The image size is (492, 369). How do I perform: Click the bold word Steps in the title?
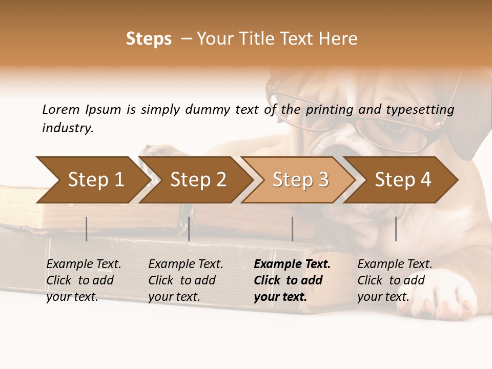pos(149,39)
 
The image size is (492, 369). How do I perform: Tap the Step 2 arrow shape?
pos(197,180)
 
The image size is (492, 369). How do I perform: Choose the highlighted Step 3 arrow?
pos(300,180)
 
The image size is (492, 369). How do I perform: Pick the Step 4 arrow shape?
pos(402,180)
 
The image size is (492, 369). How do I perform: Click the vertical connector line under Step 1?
pos(87,229)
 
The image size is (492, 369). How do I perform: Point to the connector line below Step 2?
pos(189,229)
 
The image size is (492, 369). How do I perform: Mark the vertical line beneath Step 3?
pos(293,229)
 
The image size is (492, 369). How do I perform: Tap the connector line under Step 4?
pos(396,229)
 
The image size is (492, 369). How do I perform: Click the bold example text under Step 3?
pos(292,280)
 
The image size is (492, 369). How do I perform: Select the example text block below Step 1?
pos(84,280)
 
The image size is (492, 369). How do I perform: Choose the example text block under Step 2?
pos(186,280)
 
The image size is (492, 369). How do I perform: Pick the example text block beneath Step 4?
pos(395,280)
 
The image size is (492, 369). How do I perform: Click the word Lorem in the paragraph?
pos(61,109)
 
